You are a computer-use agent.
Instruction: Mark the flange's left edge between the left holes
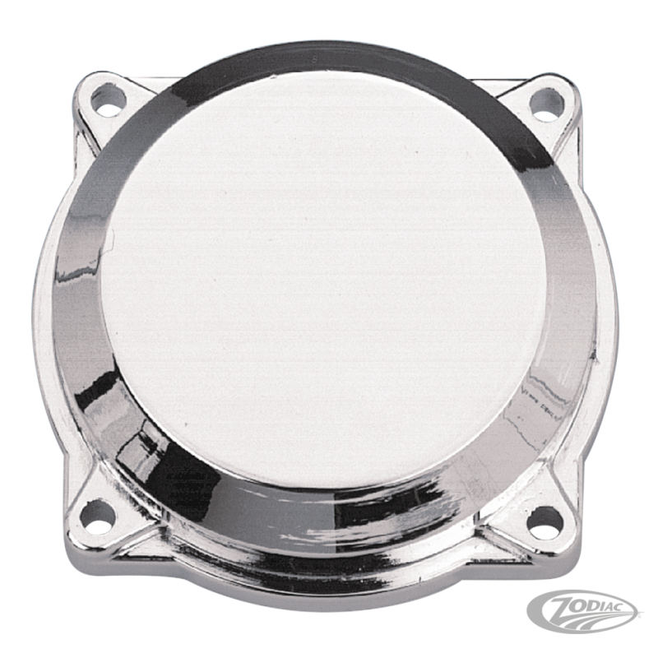(72, 313)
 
